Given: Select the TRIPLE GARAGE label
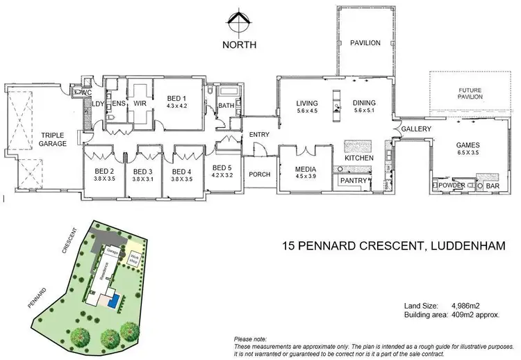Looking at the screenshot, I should (x=53, y=139).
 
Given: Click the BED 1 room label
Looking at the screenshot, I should (x=177, y=99).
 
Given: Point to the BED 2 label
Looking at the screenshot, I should (x=104, y=172).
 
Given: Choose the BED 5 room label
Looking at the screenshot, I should (x=222, y=167).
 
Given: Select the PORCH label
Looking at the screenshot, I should (x=259, y=174).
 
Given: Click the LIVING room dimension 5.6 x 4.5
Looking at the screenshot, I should (x=306, y=111).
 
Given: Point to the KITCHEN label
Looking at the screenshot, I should (x=359, y=158).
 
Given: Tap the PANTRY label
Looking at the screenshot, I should (x=353, y=181).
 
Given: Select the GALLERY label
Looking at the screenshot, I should (x=416, y=129).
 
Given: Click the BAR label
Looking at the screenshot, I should (x=493, y=186).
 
